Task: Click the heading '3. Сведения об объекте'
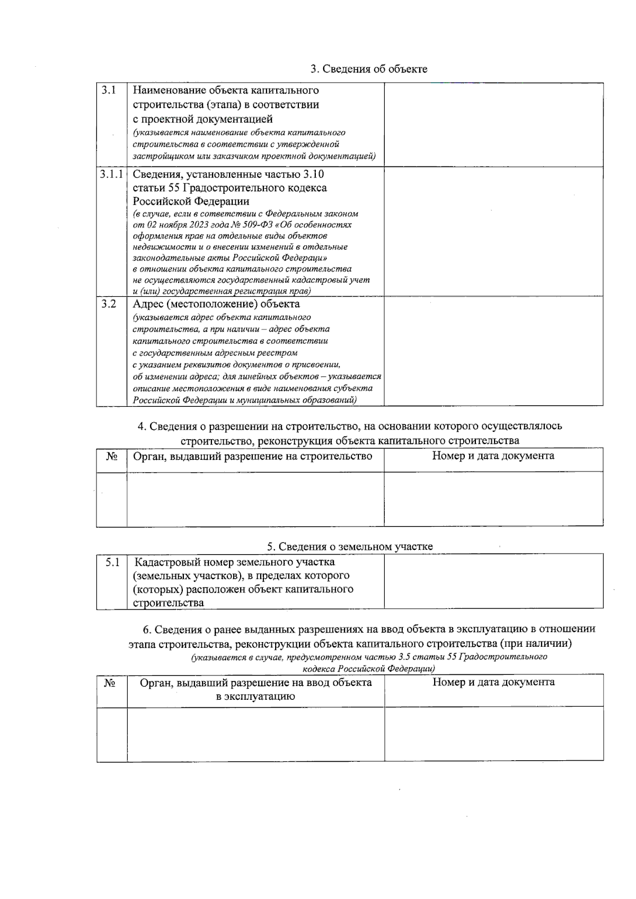click(369, 69)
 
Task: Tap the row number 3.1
click(109, 90)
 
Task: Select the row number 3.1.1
click(111, 174)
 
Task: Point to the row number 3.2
click(109, 304)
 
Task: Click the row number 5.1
click(112, 562)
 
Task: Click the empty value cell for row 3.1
click(493, 124)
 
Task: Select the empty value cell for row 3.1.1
click(493, 232)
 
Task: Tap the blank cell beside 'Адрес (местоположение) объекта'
click(493, 351)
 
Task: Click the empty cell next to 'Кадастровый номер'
click(493, 581)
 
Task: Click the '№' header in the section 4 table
click(111, 457)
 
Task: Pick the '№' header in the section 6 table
click(110, 683)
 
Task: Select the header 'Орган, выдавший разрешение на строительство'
click(252, 456)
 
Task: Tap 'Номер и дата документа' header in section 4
click(493, 456)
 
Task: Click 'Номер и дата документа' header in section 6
click(493, 682)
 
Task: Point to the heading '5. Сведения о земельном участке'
click(350, 546)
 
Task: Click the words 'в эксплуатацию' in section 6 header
click(255, 697)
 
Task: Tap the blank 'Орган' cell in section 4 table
click(255, 499)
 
